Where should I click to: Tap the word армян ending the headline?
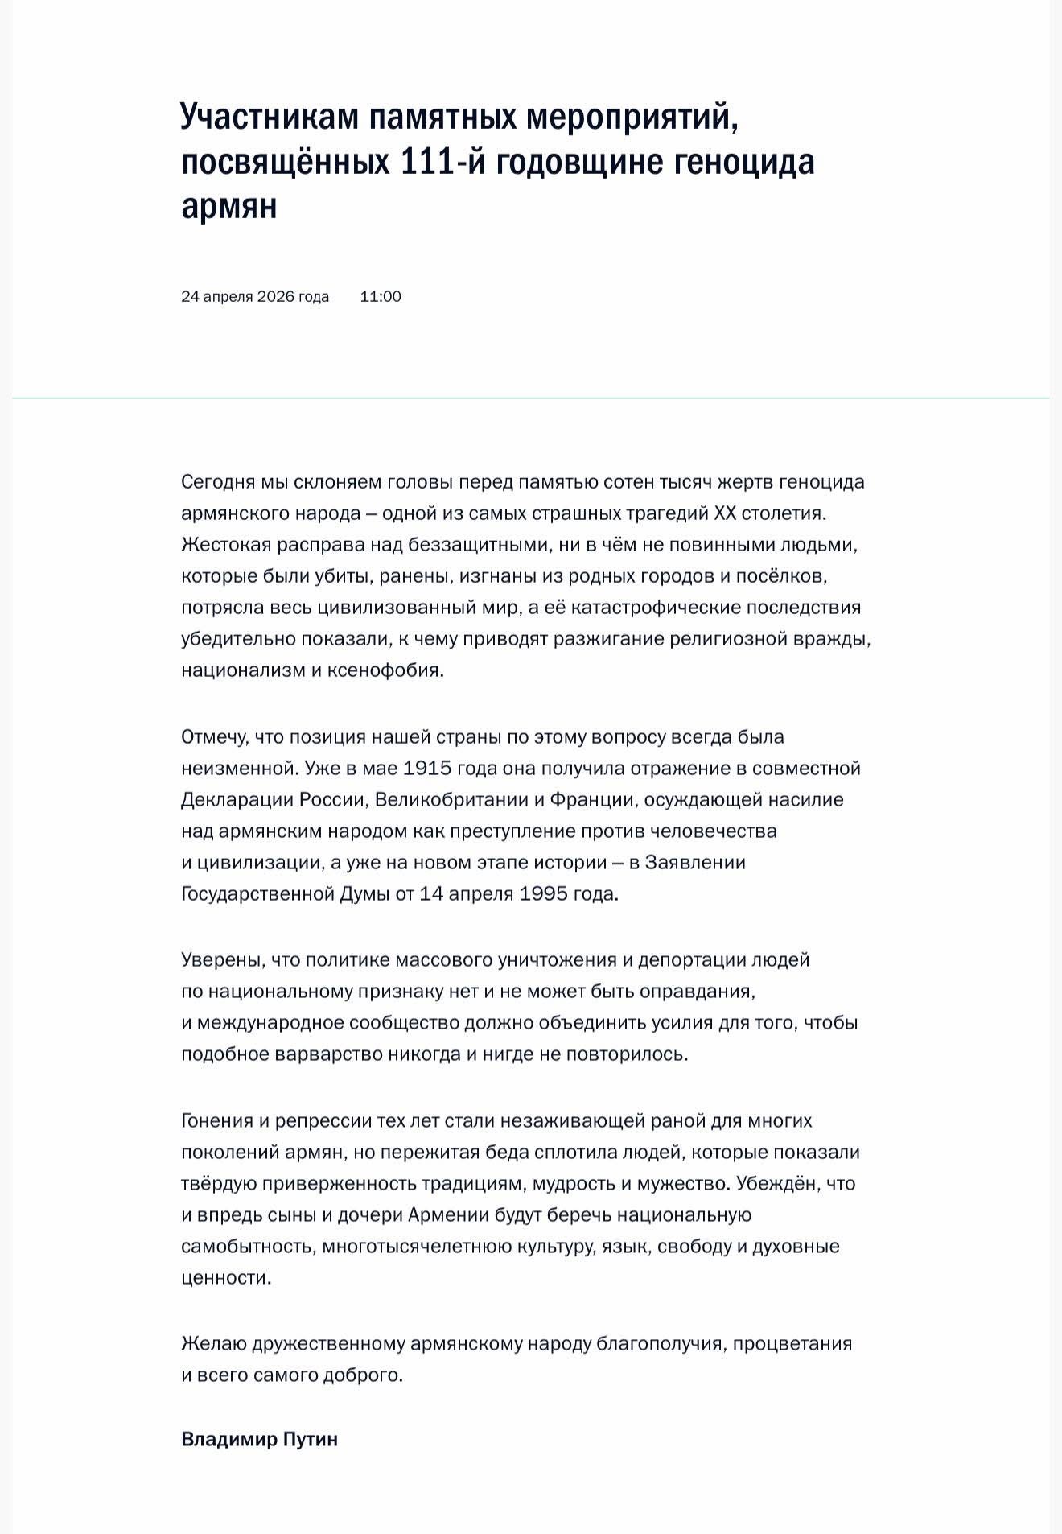pyautogui.click(x=229, y=207)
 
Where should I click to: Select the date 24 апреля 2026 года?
pyautogui.click(x=255, y=296)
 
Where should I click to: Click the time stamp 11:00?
pyautogui.click(x=381, y=296)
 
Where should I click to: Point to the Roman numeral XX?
pyautogui.click(x=725, y=513)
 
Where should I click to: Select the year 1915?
pyautogui.click(x=426, y=769)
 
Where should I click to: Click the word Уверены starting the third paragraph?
pyautogui.click(x=222, y=960)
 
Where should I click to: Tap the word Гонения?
pyautogui.click(x=216, y=1121)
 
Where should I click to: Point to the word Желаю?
pyautogui.click(x=213, y=1344)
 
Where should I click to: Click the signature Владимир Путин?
pyautogui.click(x=259, y=1439)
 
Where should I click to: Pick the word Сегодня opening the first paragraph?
pyautogui.click(x=217, y=482)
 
